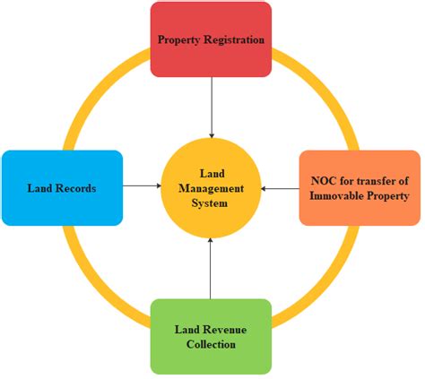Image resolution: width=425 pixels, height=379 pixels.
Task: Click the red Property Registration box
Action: (x=212, y=39)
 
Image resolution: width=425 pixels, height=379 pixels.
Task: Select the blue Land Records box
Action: (x=62, y=186)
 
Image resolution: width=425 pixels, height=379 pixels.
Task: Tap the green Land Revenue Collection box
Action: (x=211, y=336)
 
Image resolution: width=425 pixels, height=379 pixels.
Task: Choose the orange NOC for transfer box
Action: (x=360, y=187)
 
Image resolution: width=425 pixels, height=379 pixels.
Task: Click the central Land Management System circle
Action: (x=211, y=187)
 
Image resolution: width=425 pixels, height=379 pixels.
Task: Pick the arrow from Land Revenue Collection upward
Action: (x=211, y=268)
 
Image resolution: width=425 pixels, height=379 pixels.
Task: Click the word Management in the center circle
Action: (x=211, y=187)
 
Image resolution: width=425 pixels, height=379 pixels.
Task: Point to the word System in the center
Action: (x=211, y=202)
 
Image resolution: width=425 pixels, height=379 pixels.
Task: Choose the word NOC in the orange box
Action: (x=322, y=180)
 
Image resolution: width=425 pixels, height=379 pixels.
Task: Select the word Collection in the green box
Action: (x=211, y=345)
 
